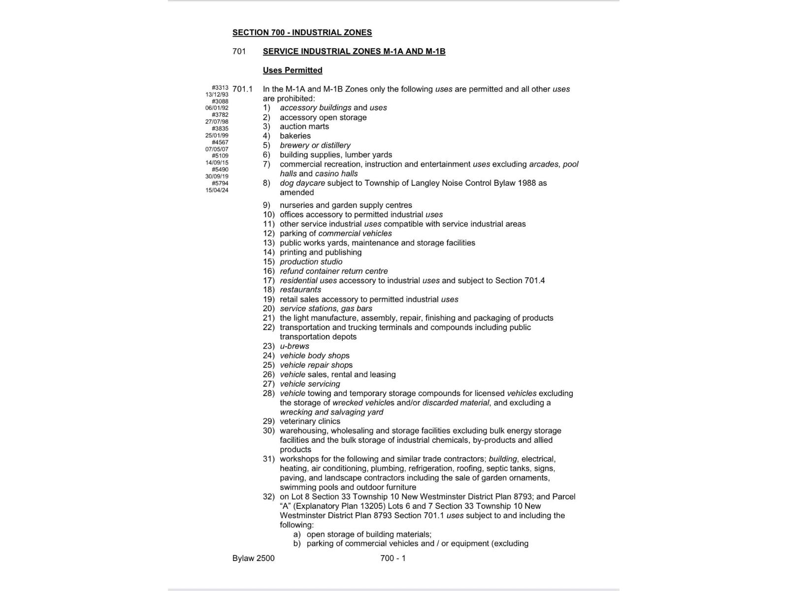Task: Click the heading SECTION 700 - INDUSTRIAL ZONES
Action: click(x=302, y=33)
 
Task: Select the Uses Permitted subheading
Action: click(x=293, y=70)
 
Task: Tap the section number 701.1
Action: click(x=242, y=89)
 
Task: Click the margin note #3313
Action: click(x=220, y=88)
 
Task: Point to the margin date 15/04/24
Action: click(x=217, y=190)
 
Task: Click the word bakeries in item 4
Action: click(x=295, y=136)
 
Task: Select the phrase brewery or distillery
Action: click(x=315, y=145)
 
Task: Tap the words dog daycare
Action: click(x=302, y=183)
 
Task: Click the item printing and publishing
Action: click(x=321, y=252)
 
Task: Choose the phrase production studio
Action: click(x=311, y=262)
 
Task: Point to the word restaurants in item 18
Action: click(x=300, y=290)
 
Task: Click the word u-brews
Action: click(x=295, y=346)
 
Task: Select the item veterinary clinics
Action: click(x=310, y=421)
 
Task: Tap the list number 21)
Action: click(x=268, y=318)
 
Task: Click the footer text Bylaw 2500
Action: click(x=254, y=558)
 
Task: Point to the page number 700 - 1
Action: click(x=393, y=558)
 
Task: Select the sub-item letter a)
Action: click(x=297, y=534)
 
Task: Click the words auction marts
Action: click(x=304, y=127)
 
